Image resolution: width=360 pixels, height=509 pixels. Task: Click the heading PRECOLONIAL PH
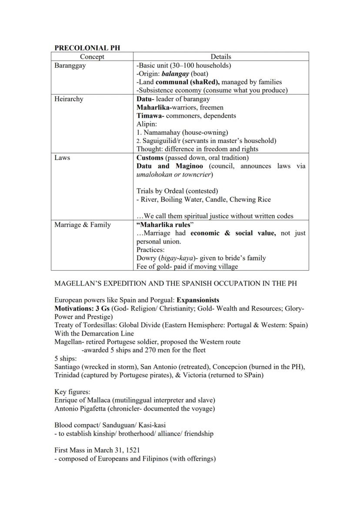(81, 48)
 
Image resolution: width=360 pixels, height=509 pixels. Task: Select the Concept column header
(92, 57)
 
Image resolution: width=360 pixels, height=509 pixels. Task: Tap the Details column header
(221, 57)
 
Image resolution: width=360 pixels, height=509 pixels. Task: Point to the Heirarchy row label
(69, 99)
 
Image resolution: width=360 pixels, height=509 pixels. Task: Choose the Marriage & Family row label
(83, 225)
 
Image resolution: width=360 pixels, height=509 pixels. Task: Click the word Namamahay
(162, 132)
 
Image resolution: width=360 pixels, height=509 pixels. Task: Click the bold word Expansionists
(198, 300)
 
